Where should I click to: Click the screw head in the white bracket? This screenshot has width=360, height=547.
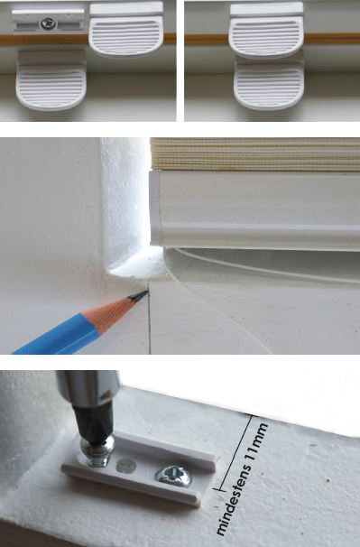pos(49,23)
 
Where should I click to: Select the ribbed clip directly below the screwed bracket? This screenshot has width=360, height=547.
pos(51,80)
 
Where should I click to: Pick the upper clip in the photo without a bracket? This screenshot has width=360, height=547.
pos(266,30)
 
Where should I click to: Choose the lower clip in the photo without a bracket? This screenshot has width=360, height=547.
pos(269,85)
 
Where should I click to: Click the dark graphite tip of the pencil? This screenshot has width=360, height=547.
pos(139,297)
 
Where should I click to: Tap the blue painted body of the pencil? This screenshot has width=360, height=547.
pos(56,336)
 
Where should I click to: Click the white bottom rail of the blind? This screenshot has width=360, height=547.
pos(255,209)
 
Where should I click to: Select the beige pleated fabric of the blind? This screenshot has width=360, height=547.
pos(255,153)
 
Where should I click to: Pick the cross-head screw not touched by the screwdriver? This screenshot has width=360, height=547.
pos(173,475)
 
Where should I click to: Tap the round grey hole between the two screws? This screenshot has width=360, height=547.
pos(126,466)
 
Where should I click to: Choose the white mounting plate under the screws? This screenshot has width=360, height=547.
pos(139,468)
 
